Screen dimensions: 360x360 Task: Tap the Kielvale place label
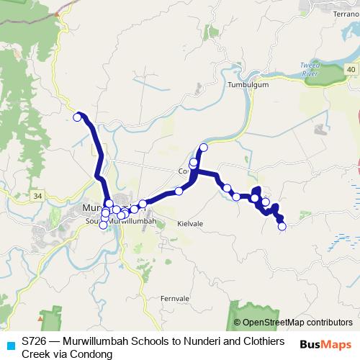pyautogui.click(x=190, y=224)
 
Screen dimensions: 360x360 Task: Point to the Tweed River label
pyautogui.click(x=310, y=69)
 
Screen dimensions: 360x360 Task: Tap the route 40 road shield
pyautogui.click(x=350, y=68)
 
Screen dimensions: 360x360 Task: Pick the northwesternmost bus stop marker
pyautogui.click(x=77, y=117)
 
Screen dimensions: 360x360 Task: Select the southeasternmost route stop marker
pyautogui.click(x=282, y=226)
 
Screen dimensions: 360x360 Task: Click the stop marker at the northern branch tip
pyautogui.click(x=203, y=148)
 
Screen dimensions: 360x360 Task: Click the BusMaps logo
pyautogui.click(x=325, y=343)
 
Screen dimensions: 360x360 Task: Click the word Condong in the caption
pyautogui.click(x=92, y=354)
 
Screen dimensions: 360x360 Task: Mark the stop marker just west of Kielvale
pyautogui.click(x=163, y=204)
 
